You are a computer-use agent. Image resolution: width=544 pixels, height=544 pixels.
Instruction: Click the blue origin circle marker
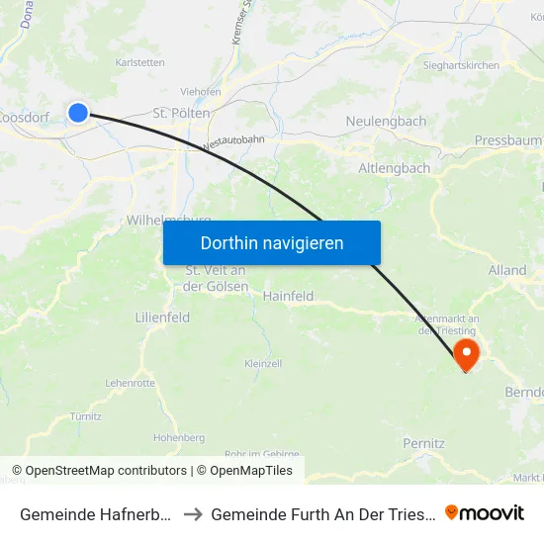[78, 113]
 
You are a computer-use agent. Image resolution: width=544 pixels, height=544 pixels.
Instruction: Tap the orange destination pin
[465, 354]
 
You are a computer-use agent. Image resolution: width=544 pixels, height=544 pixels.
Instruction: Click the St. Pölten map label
[181, 114]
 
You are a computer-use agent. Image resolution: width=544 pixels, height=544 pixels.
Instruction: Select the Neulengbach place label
[386, 122]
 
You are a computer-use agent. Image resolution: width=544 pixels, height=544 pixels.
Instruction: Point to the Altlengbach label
[394, 168]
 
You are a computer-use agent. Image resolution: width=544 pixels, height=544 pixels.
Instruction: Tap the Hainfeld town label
[288, 296]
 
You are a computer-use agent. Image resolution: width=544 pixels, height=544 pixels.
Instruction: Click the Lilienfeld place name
[162, 317]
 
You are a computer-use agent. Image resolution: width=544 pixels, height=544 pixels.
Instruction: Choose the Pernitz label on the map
[423, 443]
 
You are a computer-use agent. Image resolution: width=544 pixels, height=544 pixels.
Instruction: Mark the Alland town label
[507, 270]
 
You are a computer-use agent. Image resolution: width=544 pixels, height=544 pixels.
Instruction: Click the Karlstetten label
[139, 61]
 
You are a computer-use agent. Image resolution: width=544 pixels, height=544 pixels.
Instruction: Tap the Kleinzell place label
[262, 364]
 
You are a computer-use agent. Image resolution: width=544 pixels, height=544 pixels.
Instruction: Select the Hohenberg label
[179, 436]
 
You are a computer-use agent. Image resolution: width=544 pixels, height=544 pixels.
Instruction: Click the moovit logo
[485, 513]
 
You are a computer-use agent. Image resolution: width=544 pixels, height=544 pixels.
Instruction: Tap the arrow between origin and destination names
[194, 514]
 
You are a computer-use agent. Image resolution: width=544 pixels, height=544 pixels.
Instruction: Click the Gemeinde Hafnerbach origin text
[98, 514]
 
